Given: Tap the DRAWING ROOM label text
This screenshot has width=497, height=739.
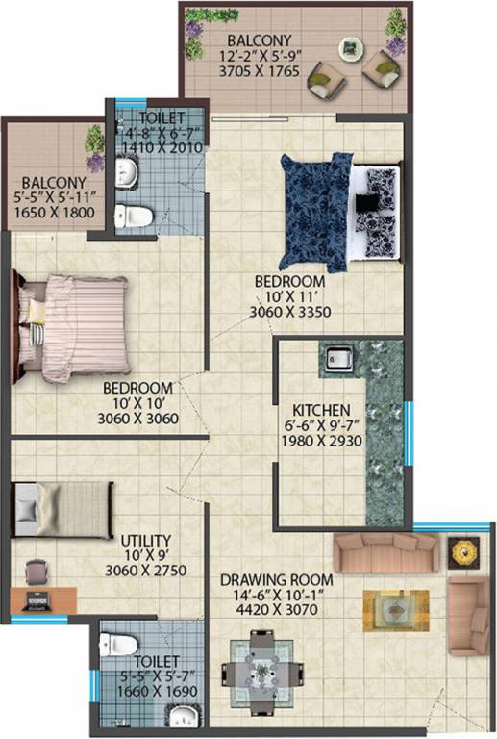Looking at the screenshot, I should coord(277,580).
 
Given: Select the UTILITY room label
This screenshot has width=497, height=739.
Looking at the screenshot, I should coord(147,541).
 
